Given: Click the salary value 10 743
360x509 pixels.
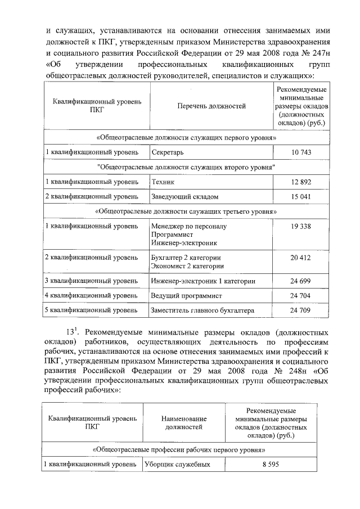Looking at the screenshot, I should [301, 152].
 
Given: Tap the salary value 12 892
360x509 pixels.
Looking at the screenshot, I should [301, 182].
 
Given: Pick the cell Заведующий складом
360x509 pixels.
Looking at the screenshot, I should [184, 197].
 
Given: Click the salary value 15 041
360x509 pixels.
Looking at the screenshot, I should [301, 197].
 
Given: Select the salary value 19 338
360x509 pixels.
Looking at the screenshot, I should [301, 226].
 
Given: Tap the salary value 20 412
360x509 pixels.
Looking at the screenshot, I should [301, 258].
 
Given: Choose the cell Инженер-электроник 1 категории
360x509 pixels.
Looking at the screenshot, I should [204, 281].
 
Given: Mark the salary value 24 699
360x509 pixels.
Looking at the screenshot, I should [301, 281].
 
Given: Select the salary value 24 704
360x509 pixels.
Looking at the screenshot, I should [301, 295].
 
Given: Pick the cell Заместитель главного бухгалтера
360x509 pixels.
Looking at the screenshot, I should [202, 310].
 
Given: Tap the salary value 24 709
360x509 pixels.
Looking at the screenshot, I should [301, 310].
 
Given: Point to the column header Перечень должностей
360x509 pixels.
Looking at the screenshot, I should [211, 106].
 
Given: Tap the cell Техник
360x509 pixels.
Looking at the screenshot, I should [163, 182].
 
